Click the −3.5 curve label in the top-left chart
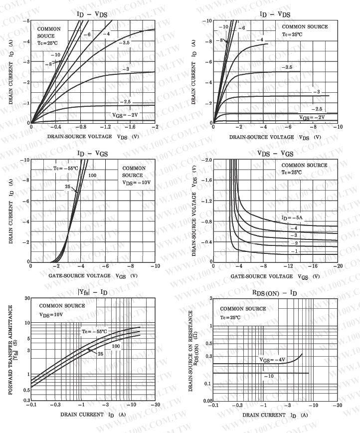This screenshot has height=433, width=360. tap(124, 43)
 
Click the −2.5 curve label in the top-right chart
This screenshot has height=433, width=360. tap(316, 109)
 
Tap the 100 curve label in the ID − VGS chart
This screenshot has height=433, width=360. tap(92, 176)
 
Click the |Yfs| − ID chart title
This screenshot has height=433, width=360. tap(92, 292)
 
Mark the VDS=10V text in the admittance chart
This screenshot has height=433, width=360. tap(51, 315)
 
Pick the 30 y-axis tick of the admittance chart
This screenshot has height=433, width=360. tap(27, 298)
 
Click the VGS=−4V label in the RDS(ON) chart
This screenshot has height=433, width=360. tap(272, 359)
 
